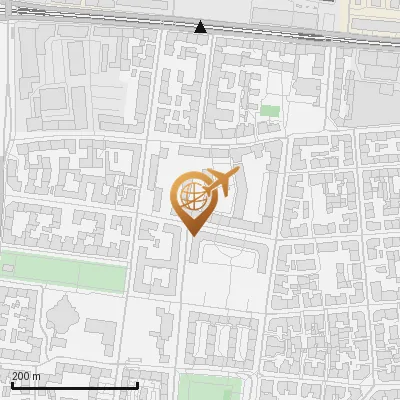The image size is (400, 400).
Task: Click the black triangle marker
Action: click(201, 27)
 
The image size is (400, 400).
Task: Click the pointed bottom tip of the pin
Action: click(193, 235)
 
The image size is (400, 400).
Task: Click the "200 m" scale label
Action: click(26, 375)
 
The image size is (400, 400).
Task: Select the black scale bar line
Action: click(74, 385)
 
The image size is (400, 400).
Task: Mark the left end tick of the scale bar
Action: click(11, 383)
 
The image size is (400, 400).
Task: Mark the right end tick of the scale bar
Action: click(137, 383)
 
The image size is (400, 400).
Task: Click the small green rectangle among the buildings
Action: click(270, 110)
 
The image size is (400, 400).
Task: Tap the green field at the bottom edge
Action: click(211, 388)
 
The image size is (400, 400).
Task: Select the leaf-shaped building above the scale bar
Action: click(62, 317)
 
